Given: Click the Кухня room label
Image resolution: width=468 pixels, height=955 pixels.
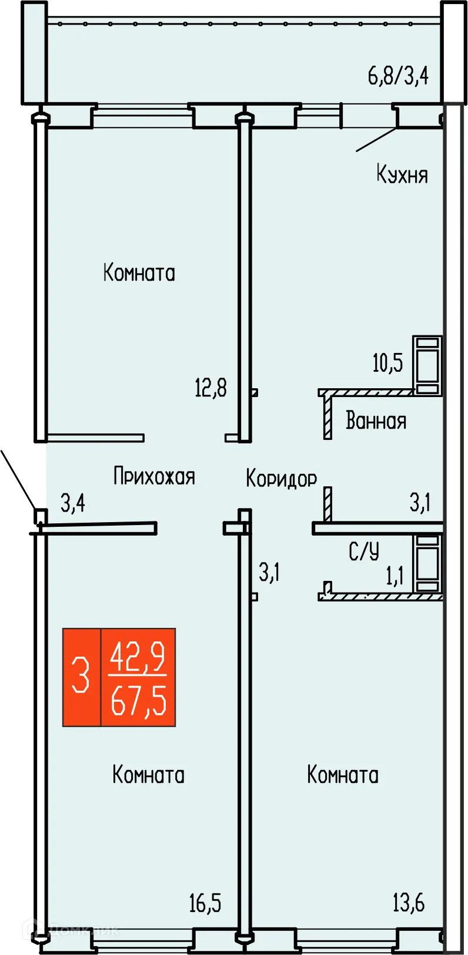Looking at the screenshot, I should (x=402, y=174).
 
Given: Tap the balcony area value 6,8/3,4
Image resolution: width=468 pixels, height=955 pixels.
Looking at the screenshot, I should (x=398, y=76).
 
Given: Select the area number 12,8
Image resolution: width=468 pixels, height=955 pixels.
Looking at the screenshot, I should (x=210, y=388).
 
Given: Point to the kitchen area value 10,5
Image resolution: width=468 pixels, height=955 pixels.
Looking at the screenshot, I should (x=388, y=363).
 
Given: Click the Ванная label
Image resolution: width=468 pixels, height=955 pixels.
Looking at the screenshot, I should (x=376, y=421).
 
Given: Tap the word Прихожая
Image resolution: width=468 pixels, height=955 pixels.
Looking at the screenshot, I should (x=154, y=476).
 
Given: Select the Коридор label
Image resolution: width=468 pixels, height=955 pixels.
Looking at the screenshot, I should (x=281, y=478).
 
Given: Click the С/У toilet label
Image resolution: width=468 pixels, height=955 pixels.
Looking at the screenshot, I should (x=364, y=551).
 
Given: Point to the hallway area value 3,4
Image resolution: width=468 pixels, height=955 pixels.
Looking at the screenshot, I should (x=73, y=503).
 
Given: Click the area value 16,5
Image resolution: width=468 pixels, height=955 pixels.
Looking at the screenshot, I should (x=205, y=903).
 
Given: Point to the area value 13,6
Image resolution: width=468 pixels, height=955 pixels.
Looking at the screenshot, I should (x=409, y=902).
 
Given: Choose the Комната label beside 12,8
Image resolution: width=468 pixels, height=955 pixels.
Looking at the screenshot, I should (x=139, y=273).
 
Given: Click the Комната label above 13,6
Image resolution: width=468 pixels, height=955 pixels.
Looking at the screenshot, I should (x=343, y=775).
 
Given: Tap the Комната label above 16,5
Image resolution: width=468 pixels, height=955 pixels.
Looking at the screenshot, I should (x=148, y=775).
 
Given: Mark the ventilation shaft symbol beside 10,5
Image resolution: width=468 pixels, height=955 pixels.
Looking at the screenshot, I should (x=427, y=365).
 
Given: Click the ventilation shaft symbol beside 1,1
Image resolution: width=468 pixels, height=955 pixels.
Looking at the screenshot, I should (x=427, y=563).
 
